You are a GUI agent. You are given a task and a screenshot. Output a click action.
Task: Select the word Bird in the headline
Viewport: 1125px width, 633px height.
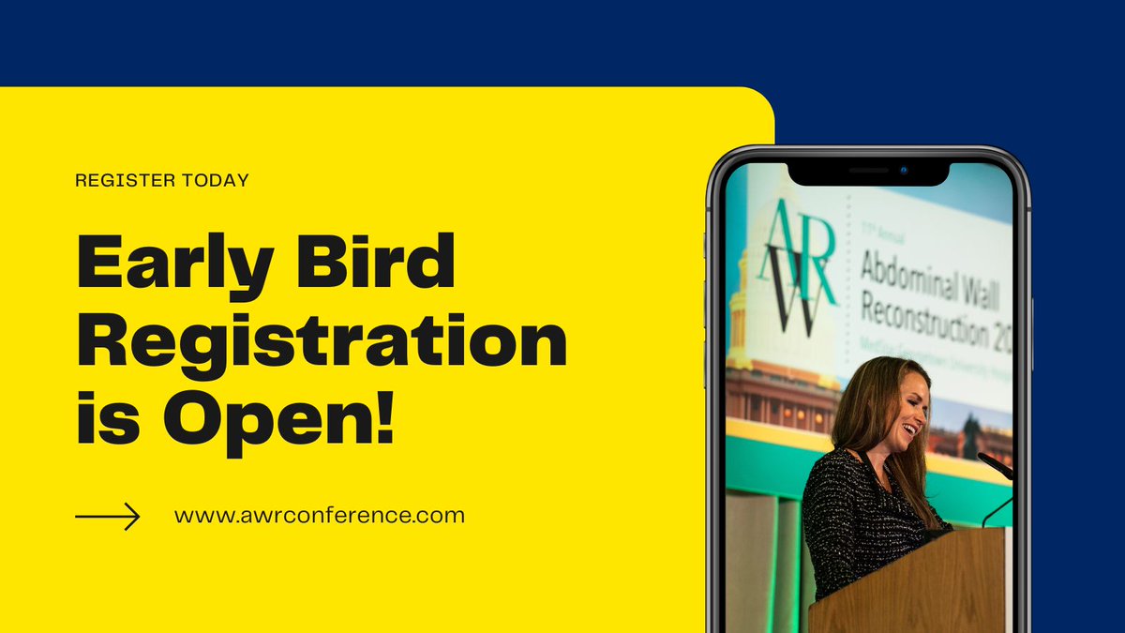(377, 264)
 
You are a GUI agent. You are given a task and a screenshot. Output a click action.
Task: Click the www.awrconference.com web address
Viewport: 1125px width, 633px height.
(319, 515)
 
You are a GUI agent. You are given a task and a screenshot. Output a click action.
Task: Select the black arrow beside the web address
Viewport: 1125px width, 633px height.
(108, 516)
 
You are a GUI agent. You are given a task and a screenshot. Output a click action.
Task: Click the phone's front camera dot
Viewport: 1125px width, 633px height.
(904, 171)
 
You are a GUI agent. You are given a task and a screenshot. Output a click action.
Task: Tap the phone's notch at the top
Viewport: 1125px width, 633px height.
(868, 173)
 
